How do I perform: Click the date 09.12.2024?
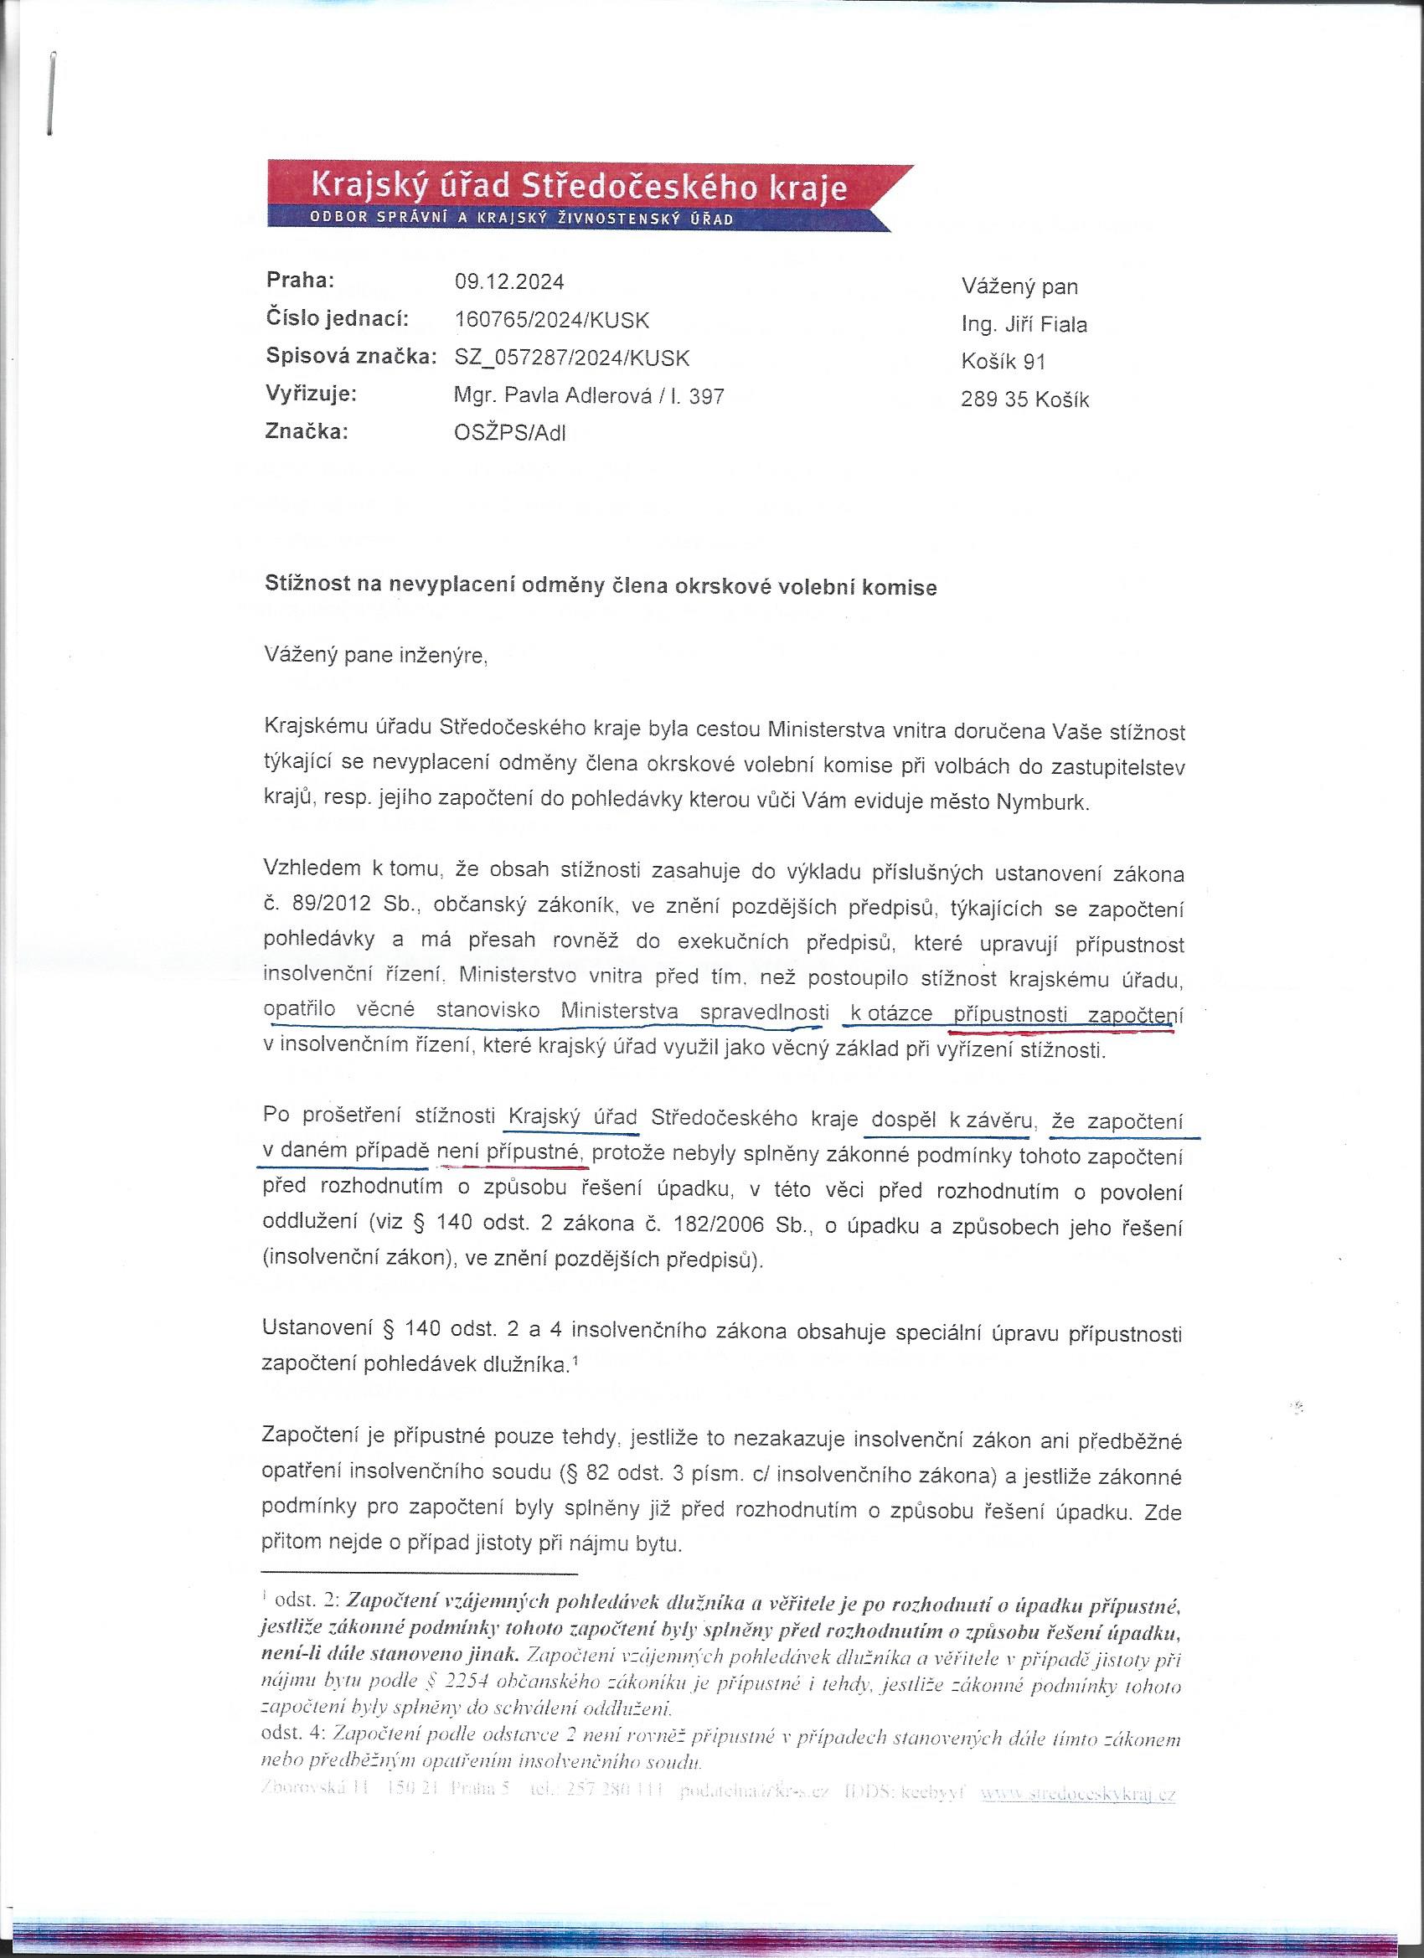pos(508,282)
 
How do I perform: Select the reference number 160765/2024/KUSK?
pos(552,320)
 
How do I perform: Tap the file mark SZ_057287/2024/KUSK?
pos(571,358)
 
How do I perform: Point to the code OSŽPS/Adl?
pos(509,433)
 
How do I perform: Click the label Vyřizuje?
pos(312,394)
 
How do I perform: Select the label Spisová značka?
pos(351,358)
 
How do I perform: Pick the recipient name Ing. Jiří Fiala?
pos(1024,325)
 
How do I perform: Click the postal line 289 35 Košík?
pos(1024,400)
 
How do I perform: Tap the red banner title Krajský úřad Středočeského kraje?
pos(578,187)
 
